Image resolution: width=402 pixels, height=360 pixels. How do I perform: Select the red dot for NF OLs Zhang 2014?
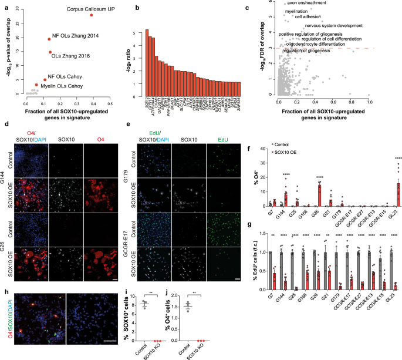50,39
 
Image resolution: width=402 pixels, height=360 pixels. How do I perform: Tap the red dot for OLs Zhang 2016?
50,52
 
